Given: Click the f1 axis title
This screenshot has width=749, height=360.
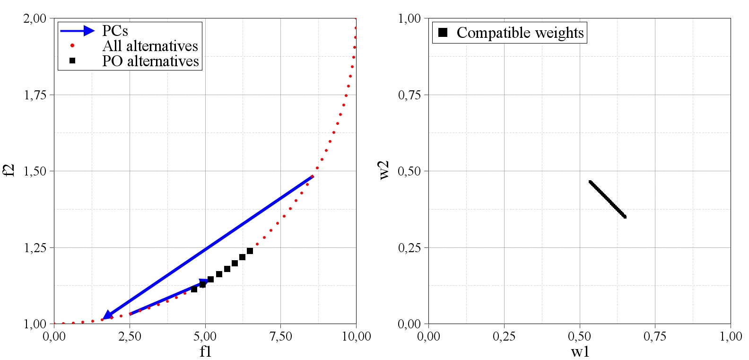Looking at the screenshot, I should [205, 351].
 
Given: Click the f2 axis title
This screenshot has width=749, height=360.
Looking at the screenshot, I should [9, 170].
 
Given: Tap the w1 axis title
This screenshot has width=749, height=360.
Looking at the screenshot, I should [580, 351].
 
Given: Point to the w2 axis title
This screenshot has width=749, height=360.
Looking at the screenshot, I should [384, 170].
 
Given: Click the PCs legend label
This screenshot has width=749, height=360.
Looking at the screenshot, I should [115, 31].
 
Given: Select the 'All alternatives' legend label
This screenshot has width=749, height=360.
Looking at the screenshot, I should [150, 46].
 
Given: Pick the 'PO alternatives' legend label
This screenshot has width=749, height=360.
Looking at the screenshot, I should [150, 61].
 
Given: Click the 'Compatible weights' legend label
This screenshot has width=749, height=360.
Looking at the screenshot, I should [520, 33].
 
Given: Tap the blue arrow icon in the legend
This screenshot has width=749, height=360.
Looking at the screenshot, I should [77, 31].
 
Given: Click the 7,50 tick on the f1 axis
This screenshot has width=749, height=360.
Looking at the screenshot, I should [280, 336].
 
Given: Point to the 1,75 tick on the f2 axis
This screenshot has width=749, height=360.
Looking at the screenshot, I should [35, 95].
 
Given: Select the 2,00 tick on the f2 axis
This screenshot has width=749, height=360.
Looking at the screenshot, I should [35, 18].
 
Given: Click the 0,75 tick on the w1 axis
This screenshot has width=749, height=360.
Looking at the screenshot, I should [655, 336].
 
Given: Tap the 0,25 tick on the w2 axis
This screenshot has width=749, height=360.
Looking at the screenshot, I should [409, 247].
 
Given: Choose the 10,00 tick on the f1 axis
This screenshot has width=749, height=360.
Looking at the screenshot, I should [356, 336].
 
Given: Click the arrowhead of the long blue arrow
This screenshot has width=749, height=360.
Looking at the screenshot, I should [107, 315].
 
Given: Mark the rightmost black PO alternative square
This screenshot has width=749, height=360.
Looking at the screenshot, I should [250, 251].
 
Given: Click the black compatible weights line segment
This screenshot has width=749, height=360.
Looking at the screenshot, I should [608, 199].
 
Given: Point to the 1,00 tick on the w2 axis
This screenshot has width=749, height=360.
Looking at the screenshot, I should [409, 18].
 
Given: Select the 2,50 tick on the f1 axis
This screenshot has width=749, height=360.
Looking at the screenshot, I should [130, 336].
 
